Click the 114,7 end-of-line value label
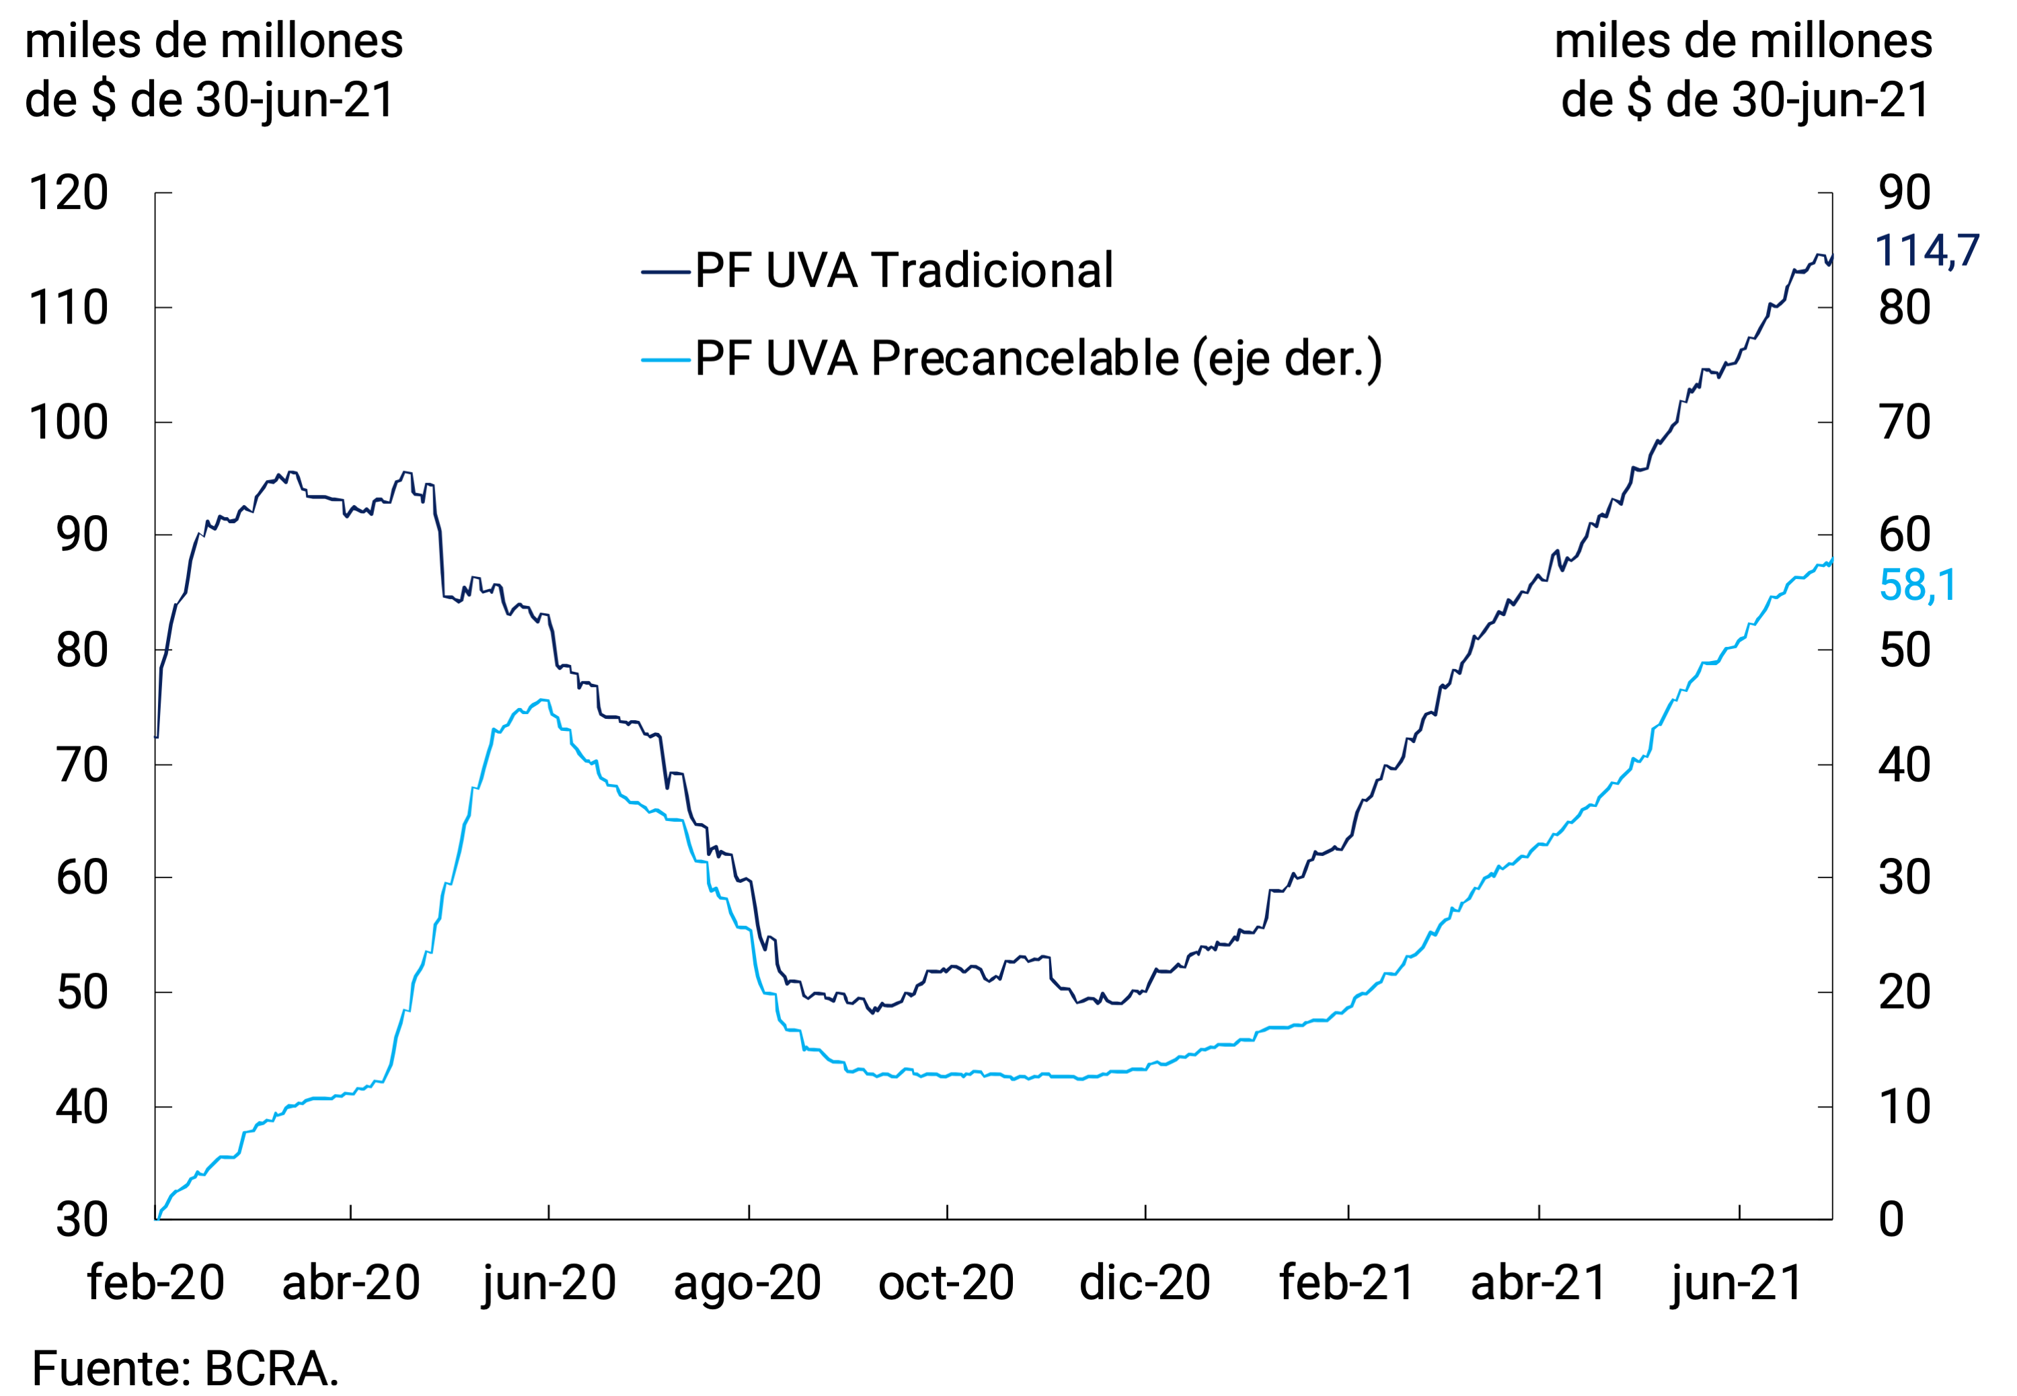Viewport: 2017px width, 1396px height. click(x=1927, y=252)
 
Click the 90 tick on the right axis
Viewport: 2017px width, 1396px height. click(x=1904, y=192)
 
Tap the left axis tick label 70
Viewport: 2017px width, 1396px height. click(x=81, y=765)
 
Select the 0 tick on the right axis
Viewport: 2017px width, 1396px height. click(x=1891, y=1219)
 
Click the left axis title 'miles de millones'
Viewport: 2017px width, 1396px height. click(x=215, y=42)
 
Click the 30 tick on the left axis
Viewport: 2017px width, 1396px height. click(x=81, y=1219)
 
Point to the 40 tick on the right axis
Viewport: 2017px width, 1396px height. click(x=1904, y=765)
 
